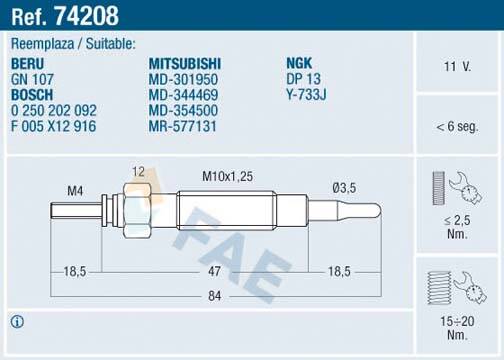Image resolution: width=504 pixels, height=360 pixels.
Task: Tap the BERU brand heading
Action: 28,61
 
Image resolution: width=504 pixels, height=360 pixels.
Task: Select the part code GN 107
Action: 32,77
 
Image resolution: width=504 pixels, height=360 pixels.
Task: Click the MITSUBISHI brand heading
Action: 186,61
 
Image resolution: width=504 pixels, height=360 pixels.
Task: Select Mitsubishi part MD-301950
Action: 183,77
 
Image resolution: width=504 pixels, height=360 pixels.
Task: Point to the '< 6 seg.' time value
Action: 457,128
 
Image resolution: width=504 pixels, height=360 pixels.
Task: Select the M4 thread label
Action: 75,190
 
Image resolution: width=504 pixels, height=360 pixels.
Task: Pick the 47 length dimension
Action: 213,271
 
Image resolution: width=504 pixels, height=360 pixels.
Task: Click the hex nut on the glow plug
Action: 138,209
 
